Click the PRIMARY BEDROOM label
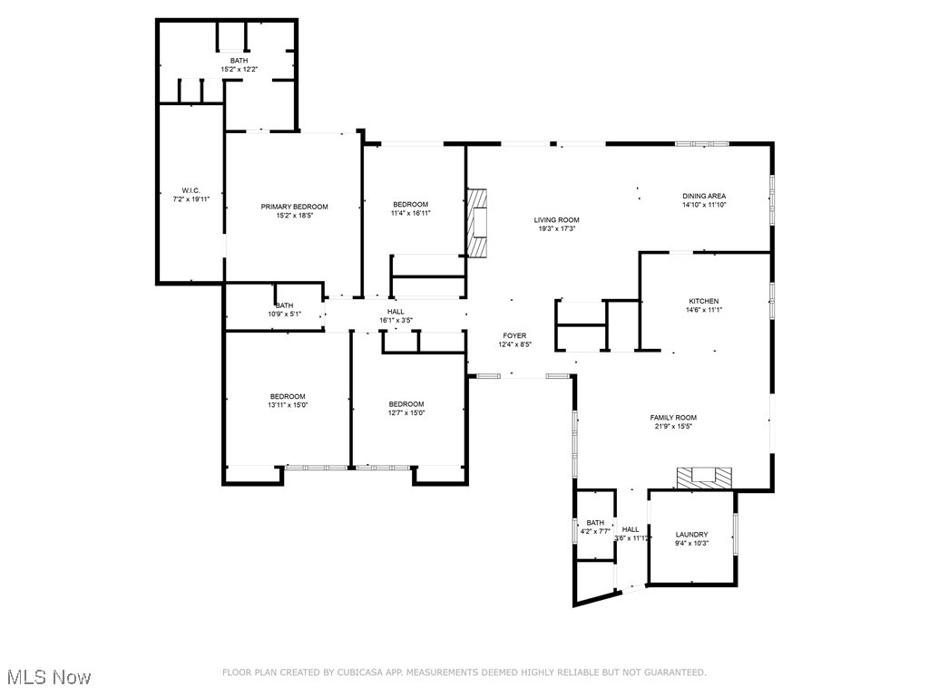(295, 207)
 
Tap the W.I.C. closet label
(191, 190)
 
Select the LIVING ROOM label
(556, 220)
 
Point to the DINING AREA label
(704, 196)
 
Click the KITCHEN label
(703, 301)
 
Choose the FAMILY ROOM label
(673, 418)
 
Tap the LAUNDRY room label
(691, 535)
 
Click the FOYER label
(514, 335)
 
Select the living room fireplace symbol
(477, 222)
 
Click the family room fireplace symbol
(705, 478)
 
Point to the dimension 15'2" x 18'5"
(295, 216)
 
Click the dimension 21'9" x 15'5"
(673, 427)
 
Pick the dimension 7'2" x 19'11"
(191, 199)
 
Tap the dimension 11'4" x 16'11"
(410, 214)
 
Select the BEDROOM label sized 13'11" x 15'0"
(288, 396)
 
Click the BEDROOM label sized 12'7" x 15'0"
(406, 404)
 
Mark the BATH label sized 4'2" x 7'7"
(595, 523)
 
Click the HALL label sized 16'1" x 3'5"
(396, 311)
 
